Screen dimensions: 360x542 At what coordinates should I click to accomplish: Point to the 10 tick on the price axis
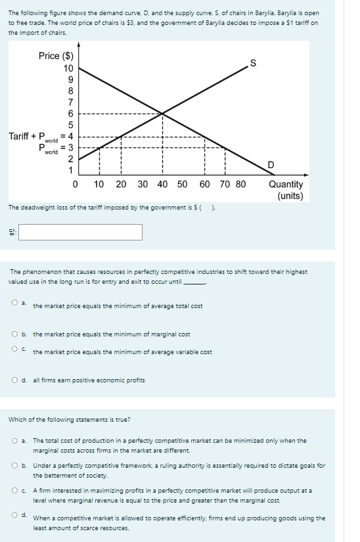click(x=68, y=68)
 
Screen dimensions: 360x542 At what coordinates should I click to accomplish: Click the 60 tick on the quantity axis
click(x=204, y=185)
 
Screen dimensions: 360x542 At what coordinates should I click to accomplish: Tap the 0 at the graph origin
click(x=76, y=185)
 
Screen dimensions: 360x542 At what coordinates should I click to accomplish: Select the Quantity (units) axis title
click(x=286, y=190)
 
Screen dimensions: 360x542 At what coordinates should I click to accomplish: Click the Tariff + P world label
click(x=33, y=137)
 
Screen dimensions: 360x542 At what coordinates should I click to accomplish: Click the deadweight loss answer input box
click(x=84, y=232)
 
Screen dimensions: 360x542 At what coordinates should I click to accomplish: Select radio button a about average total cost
click(x=14, y=303)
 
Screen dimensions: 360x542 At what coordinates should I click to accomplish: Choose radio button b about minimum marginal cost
click(x=14, y=334)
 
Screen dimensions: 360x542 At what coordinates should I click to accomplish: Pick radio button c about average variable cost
click(x=14, y=350)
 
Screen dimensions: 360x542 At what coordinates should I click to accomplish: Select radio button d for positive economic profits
click(x=14, y=380)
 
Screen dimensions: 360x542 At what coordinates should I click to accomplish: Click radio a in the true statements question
click(x=14, y=441)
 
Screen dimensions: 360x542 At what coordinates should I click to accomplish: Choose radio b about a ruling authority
click(x=14, y=466)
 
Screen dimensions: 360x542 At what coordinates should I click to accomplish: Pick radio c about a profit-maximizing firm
click(x=14, y=490)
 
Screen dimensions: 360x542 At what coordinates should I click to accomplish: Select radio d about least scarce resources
click(x=14, y=515)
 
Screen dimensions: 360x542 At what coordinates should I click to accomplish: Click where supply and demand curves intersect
click(x=163, y=114)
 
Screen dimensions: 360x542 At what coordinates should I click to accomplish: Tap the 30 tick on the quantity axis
click(x=143, y=185)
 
